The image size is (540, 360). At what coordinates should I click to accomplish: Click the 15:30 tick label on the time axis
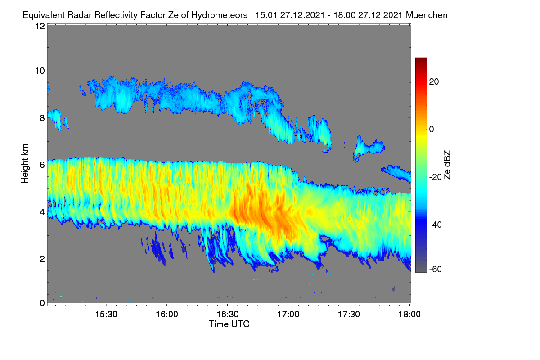pos(106,315)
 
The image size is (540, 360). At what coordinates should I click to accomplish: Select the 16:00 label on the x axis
pos(167,315)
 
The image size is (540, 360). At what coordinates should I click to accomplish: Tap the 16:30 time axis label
pos(228,315)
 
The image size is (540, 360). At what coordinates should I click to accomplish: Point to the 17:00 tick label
pos(288,315)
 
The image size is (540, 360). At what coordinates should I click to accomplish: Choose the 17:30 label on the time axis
pos(349,315)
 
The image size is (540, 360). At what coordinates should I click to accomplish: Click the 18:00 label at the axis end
pos(409,315)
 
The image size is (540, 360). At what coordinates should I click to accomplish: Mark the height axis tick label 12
pos(40,26)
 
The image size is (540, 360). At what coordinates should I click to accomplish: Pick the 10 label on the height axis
pos(40,71)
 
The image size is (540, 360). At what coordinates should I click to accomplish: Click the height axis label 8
pos(42,118)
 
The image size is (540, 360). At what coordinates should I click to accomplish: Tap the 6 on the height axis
pos(42,165)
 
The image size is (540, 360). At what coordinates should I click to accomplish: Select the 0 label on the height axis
pos(42,303)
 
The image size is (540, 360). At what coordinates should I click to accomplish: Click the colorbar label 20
pos(434,82)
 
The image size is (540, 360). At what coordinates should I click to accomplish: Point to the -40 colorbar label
pos(436,225)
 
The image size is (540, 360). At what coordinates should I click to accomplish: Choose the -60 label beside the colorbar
pos(436,270)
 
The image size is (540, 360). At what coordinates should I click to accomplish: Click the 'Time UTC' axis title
pos(229,324)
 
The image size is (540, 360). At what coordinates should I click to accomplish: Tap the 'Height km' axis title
pos(25,164)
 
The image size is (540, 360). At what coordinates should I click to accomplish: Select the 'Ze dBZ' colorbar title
pos(447,165)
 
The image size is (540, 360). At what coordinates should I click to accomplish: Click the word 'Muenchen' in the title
pos(427,15)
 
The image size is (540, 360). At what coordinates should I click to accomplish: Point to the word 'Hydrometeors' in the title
pos(219,15)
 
